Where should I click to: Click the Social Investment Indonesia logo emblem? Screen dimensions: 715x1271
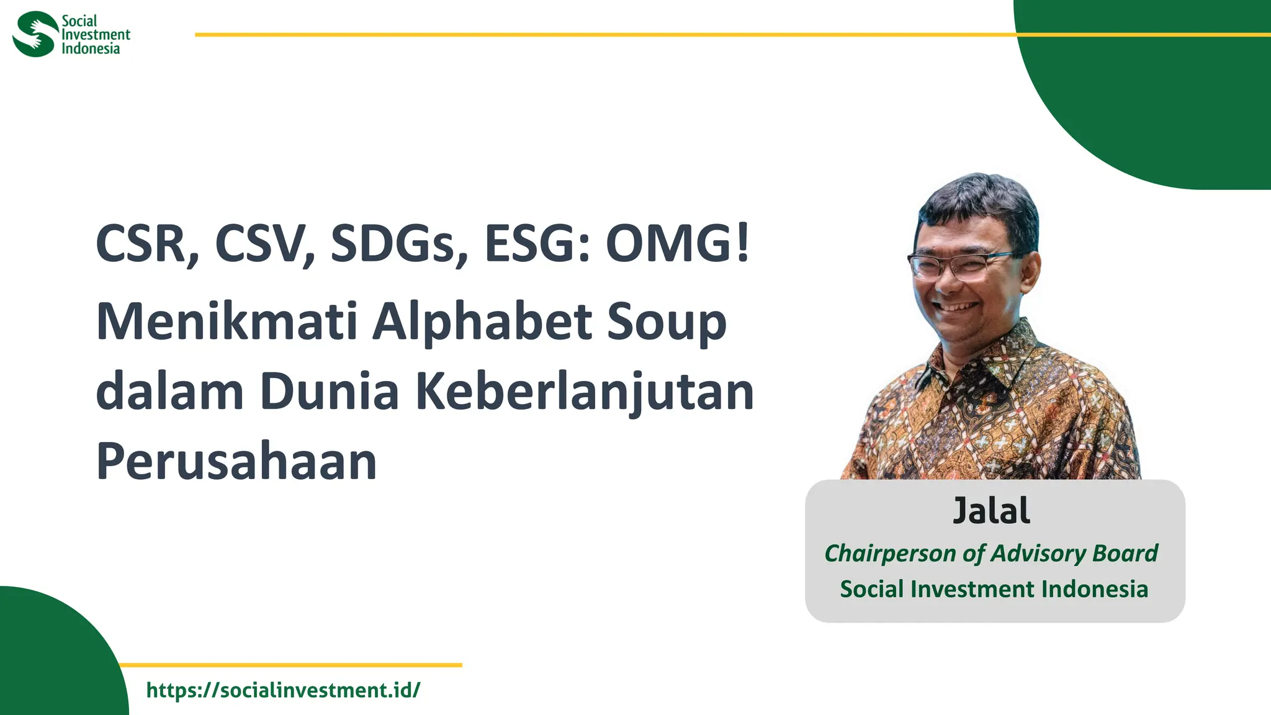[35, 34]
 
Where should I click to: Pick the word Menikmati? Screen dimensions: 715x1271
[227, 322]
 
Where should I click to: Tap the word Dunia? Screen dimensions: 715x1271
[329, 392]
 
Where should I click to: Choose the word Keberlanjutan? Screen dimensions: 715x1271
[584, 393]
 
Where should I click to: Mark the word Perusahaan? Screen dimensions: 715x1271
[236, 461]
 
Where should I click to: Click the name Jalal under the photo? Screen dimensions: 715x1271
[991, 511]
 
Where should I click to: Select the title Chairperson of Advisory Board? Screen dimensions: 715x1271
[991, 553]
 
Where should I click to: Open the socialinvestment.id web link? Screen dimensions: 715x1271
[283, 690]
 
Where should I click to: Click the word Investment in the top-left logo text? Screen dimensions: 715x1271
[96, 35]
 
